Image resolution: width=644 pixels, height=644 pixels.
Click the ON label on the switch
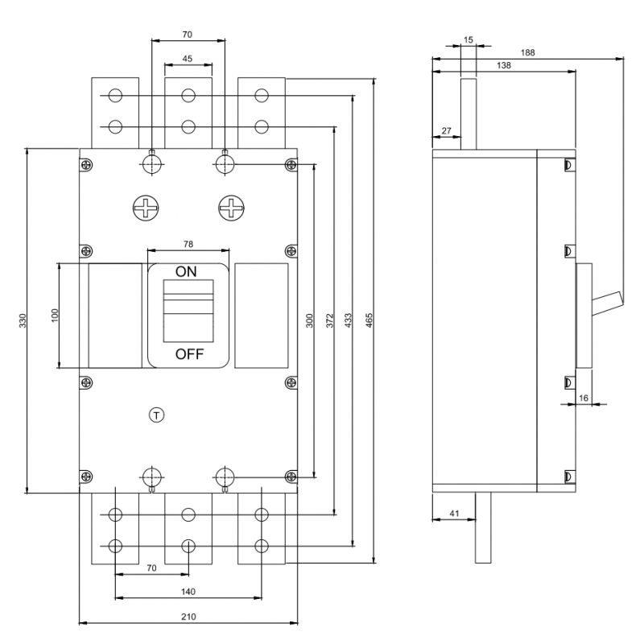click(186, 271)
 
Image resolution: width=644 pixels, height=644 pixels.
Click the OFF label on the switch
click(189, 354)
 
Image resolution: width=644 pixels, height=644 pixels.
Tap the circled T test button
click(156, 415)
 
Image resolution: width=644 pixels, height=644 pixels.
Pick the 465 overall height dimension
click(369, 320)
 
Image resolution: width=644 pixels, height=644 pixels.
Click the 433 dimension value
click(349, 320)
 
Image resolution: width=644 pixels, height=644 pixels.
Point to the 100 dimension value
click(55, 315)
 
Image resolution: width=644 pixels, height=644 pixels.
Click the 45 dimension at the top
click(188, 58)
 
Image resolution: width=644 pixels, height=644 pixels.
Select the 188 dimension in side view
click(527, 52)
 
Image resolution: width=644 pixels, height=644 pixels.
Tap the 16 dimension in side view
click(584, 398)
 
